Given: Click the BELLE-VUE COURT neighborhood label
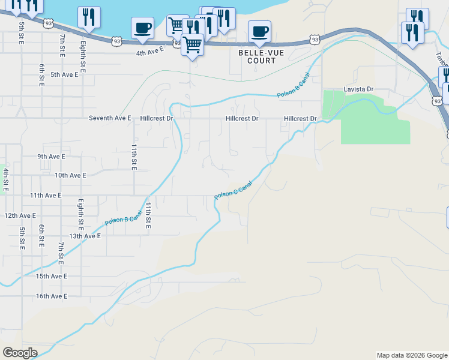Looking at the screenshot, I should point(258,57).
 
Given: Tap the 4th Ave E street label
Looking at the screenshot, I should point(149,53).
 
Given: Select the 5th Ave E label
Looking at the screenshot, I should point(64,74).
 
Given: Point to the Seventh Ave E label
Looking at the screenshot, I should point(110,118).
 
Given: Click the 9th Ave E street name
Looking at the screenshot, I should point(51,156).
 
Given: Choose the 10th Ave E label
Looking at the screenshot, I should point(70,175).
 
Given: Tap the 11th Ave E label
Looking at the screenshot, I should point(46,195).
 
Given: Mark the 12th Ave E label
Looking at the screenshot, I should point(20,215).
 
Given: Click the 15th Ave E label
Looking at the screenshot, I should point(51,276).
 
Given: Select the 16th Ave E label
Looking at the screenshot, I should point(51,296).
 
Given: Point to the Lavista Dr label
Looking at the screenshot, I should point(358,89).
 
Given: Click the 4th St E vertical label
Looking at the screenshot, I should point(5,180).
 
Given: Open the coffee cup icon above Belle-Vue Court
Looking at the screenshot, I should point(259,31).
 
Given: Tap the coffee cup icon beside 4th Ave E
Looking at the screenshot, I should point(142,28).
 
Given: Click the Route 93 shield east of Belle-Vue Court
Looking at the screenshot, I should point(315,39).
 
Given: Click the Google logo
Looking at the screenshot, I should point(20,353).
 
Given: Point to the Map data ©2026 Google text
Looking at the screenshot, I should point(412,355).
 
